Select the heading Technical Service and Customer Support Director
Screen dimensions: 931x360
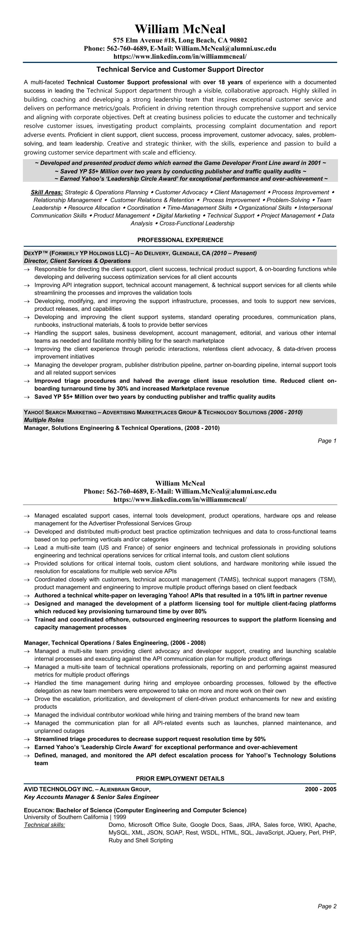point(180,69)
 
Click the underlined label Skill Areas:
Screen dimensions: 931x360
point(47,192)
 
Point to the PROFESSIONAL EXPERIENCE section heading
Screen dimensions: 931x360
point(180,240)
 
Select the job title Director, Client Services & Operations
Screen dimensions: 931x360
point(77,261)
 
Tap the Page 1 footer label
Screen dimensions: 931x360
point(327,441)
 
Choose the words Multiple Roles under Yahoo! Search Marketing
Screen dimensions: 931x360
point(44,420)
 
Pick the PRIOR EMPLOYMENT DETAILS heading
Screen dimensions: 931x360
point(180,779)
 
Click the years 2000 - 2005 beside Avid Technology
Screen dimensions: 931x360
point(320,789)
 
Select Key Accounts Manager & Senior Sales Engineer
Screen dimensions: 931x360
point(91,797)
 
